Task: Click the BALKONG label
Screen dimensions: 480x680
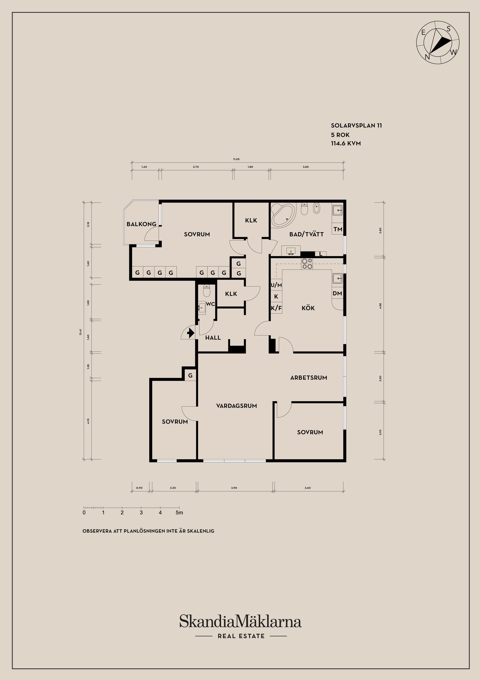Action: click(x=141, y=224)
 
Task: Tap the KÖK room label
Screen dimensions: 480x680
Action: click(x=308, y=308)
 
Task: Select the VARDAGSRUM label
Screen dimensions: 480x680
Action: click(x=236, y=406)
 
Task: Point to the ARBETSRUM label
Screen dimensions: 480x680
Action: click(x=308, y=378)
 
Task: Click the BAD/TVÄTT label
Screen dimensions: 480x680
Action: click(x=306, y=234)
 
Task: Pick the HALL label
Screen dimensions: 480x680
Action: click(x=213, y=338)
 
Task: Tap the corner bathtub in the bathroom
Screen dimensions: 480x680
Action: click(x=283, y=215)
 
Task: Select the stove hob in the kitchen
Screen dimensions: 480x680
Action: click(x=307, y=264)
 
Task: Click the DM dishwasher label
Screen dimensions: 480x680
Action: click(x=337, y=293)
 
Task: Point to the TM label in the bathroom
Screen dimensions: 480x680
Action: click(x=338, y=229)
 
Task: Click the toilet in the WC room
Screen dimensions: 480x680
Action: click(x=206, y=291)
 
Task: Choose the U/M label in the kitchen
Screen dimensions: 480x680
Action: click(x=276, y=285)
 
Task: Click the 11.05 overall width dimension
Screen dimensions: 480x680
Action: click(x=236, y=159)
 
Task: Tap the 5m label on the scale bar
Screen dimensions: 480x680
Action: click(x=179, y=513)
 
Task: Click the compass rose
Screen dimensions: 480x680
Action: click(x=438, y=42)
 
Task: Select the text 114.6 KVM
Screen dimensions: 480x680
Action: click(x=346, y=143)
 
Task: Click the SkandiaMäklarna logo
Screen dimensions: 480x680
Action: click(x=240, y=621)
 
